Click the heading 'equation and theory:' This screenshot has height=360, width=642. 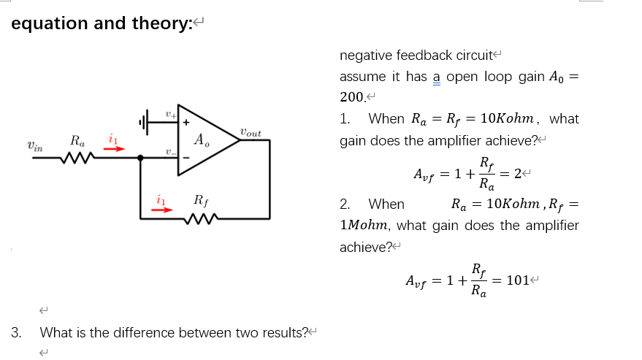(x=102, y=23)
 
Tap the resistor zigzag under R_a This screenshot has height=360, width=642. (x=77, y=158)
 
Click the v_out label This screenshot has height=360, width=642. (x=250, y=133)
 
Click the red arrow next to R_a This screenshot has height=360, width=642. (x=113, y=149)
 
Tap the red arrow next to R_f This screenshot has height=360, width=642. (x=162, y=209)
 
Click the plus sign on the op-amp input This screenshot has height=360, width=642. (x=186, y=122)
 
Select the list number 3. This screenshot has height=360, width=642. (x=16, y=333)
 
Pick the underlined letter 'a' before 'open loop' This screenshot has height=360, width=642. (x=437, y=77)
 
